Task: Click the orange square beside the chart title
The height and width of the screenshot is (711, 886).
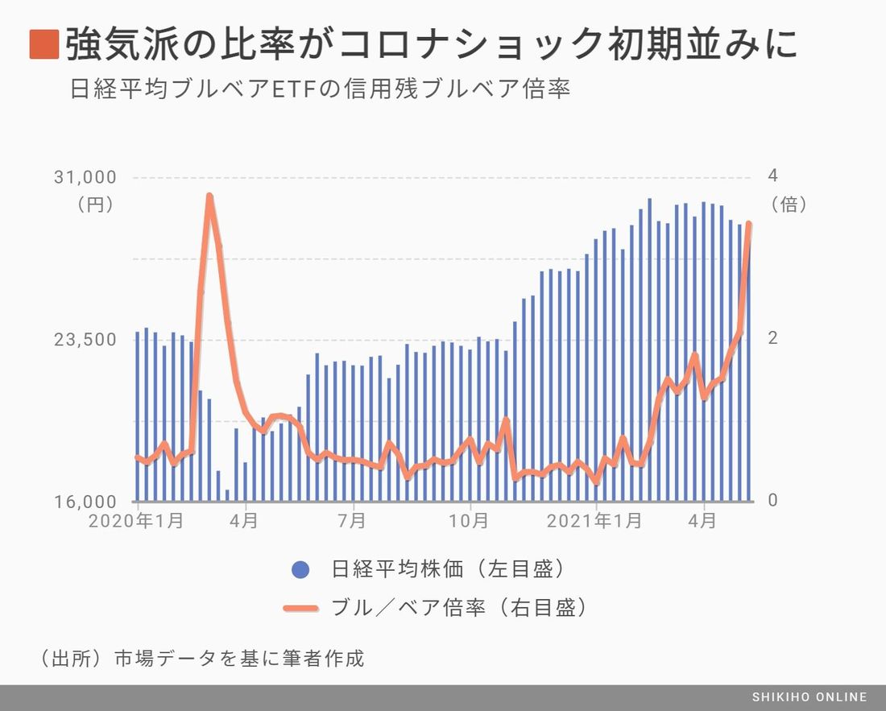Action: (x=44, y=44)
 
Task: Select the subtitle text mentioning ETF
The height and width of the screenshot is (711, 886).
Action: (x=321, y=89)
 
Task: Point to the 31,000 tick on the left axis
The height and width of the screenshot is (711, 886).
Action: (x=85, y=177)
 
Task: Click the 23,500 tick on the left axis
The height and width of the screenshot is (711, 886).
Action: (x=85, y=339)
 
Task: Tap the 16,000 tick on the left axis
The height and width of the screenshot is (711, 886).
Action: (x=85, y=501)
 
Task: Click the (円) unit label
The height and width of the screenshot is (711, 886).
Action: (x=95, y=205)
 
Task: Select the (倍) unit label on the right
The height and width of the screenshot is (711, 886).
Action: (x=789, y=205)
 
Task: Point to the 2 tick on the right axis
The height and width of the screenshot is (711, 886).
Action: (x=772, y=339)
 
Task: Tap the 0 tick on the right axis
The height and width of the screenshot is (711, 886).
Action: (x=772, y=501)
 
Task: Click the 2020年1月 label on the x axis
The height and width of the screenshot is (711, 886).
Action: (x=135, y=521)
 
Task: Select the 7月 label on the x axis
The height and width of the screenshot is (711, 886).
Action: (x=352, y=521)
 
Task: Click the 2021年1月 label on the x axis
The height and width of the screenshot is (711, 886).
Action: (x=595, y=521)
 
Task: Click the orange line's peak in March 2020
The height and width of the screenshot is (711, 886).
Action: (x=209, y=196)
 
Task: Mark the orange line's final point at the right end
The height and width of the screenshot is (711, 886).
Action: (x=749, y=224)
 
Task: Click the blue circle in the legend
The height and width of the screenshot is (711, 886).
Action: (x=300, y=570)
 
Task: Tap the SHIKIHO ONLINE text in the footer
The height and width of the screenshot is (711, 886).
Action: (x=809, y=697)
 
